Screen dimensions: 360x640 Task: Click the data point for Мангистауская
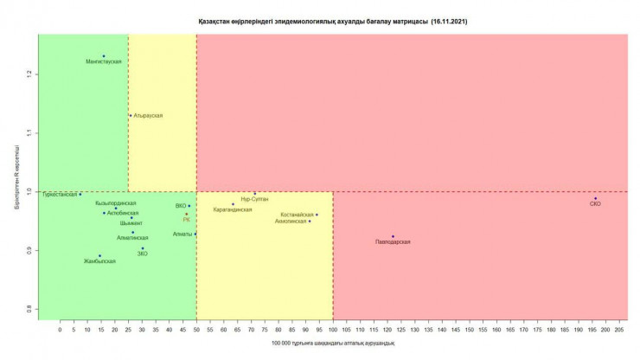tap(104, 56)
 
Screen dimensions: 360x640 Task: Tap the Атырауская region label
tap(148, 115)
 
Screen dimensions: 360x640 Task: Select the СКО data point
tap(595, 198)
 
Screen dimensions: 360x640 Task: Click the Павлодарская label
tap(393, 242)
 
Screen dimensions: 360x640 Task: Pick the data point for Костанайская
tap(317, 215)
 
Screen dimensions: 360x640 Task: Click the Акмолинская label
tap(290, 222)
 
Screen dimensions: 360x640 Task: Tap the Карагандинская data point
tap(233, 204)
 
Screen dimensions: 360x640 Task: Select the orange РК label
tap(186, 220)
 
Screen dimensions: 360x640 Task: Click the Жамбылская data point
tap(99, 255)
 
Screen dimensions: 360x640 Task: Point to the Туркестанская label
tap(60, 195)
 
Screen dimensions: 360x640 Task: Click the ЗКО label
tap(143, 254)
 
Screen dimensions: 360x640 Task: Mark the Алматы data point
tap(195, 234)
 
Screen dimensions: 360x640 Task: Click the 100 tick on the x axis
tap(332, 331)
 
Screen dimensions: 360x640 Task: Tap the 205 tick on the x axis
tap(619, 331)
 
